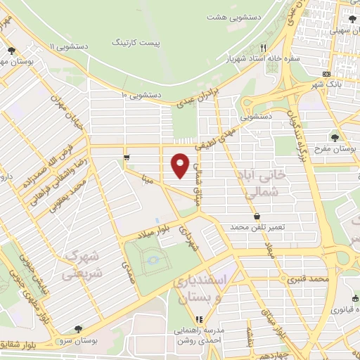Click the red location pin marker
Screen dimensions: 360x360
[x=180, y=165]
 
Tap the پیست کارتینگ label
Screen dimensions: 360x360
[x=158, y=44]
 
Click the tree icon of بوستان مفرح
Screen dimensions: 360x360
[x=334, y=137]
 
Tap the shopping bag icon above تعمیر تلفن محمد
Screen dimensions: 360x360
[x=257, y=215]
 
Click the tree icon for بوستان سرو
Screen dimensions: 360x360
[x=77, y=329]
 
